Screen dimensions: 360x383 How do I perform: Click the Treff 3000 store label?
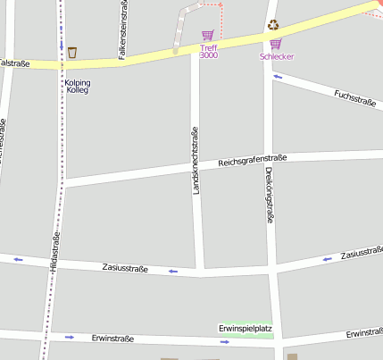[x=208, y=52]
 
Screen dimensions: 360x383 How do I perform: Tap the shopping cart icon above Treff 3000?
[x=208, y=36]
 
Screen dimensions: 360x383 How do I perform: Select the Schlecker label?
[x=277, y=57]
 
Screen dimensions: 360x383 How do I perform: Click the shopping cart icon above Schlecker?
[x=275, y=44]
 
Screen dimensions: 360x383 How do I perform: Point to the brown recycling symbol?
[x=272, y=25]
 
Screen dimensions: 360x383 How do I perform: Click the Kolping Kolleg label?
[x=78, y=88]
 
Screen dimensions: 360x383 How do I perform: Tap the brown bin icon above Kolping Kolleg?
[x=72, y=52]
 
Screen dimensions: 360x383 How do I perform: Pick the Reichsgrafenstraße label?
[x=253, y=161]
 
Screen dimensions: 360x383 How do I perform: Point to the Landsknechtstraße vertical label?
[x=196, y=161]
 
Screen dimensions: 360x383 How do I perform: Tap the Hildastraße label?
[x=54, y=250]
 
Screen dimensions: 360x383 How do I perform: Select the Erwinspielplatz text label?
[x=245, y=329]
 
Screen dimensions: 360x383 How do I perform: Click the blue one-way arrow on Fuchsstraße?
[x=278, y=77]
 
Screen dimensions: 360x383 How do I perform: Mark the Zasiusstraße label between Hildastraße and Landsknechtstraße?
[x=125, y=266]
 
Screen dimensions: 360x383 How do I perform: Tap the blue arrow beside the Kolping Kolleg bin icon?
[x=61, y=45]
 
